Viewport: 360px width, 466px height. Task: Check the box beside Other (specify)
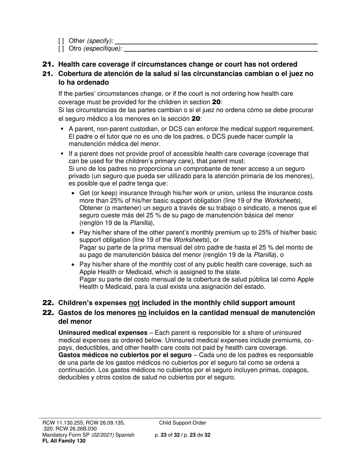[x=61, y=41]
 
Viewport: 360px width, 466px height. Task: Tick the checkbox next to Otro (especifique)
[x=61, y=48]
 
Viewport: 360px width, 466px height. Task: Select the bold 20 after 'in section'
[x=216, y=102]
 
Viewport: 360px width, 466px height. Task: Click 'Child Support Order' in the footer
[x=183, y=423]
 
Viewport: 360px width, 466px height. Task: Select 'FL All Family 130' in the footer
[x=64, y=441]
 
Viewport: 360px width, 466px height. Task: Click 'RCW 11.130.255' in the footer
[x=61, y=423]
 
